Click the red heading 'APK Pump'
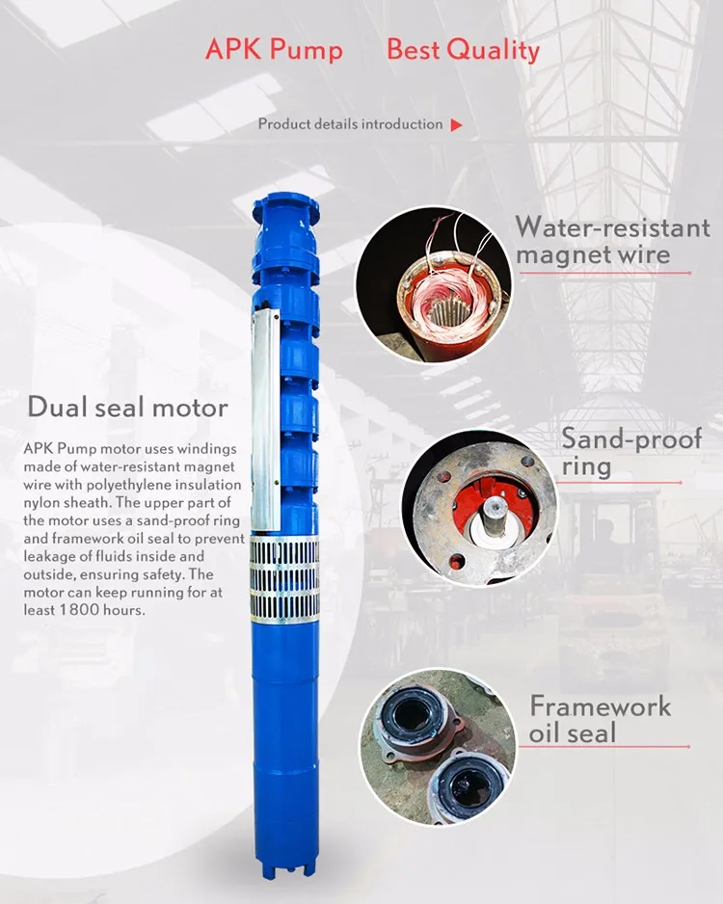tap(274, 49)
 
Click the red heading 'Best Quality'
tap(463, 49)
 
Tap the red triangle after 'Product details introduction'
tap(457, 124)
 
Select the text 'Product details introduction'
tap(350, 124)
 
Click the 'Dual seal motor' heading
tap(127, 407)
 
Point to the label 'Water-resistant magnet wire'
tap(611, 241)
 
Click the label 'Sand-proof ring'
tap(631, 453)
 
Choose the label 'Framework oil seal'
tap(600, 718)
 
